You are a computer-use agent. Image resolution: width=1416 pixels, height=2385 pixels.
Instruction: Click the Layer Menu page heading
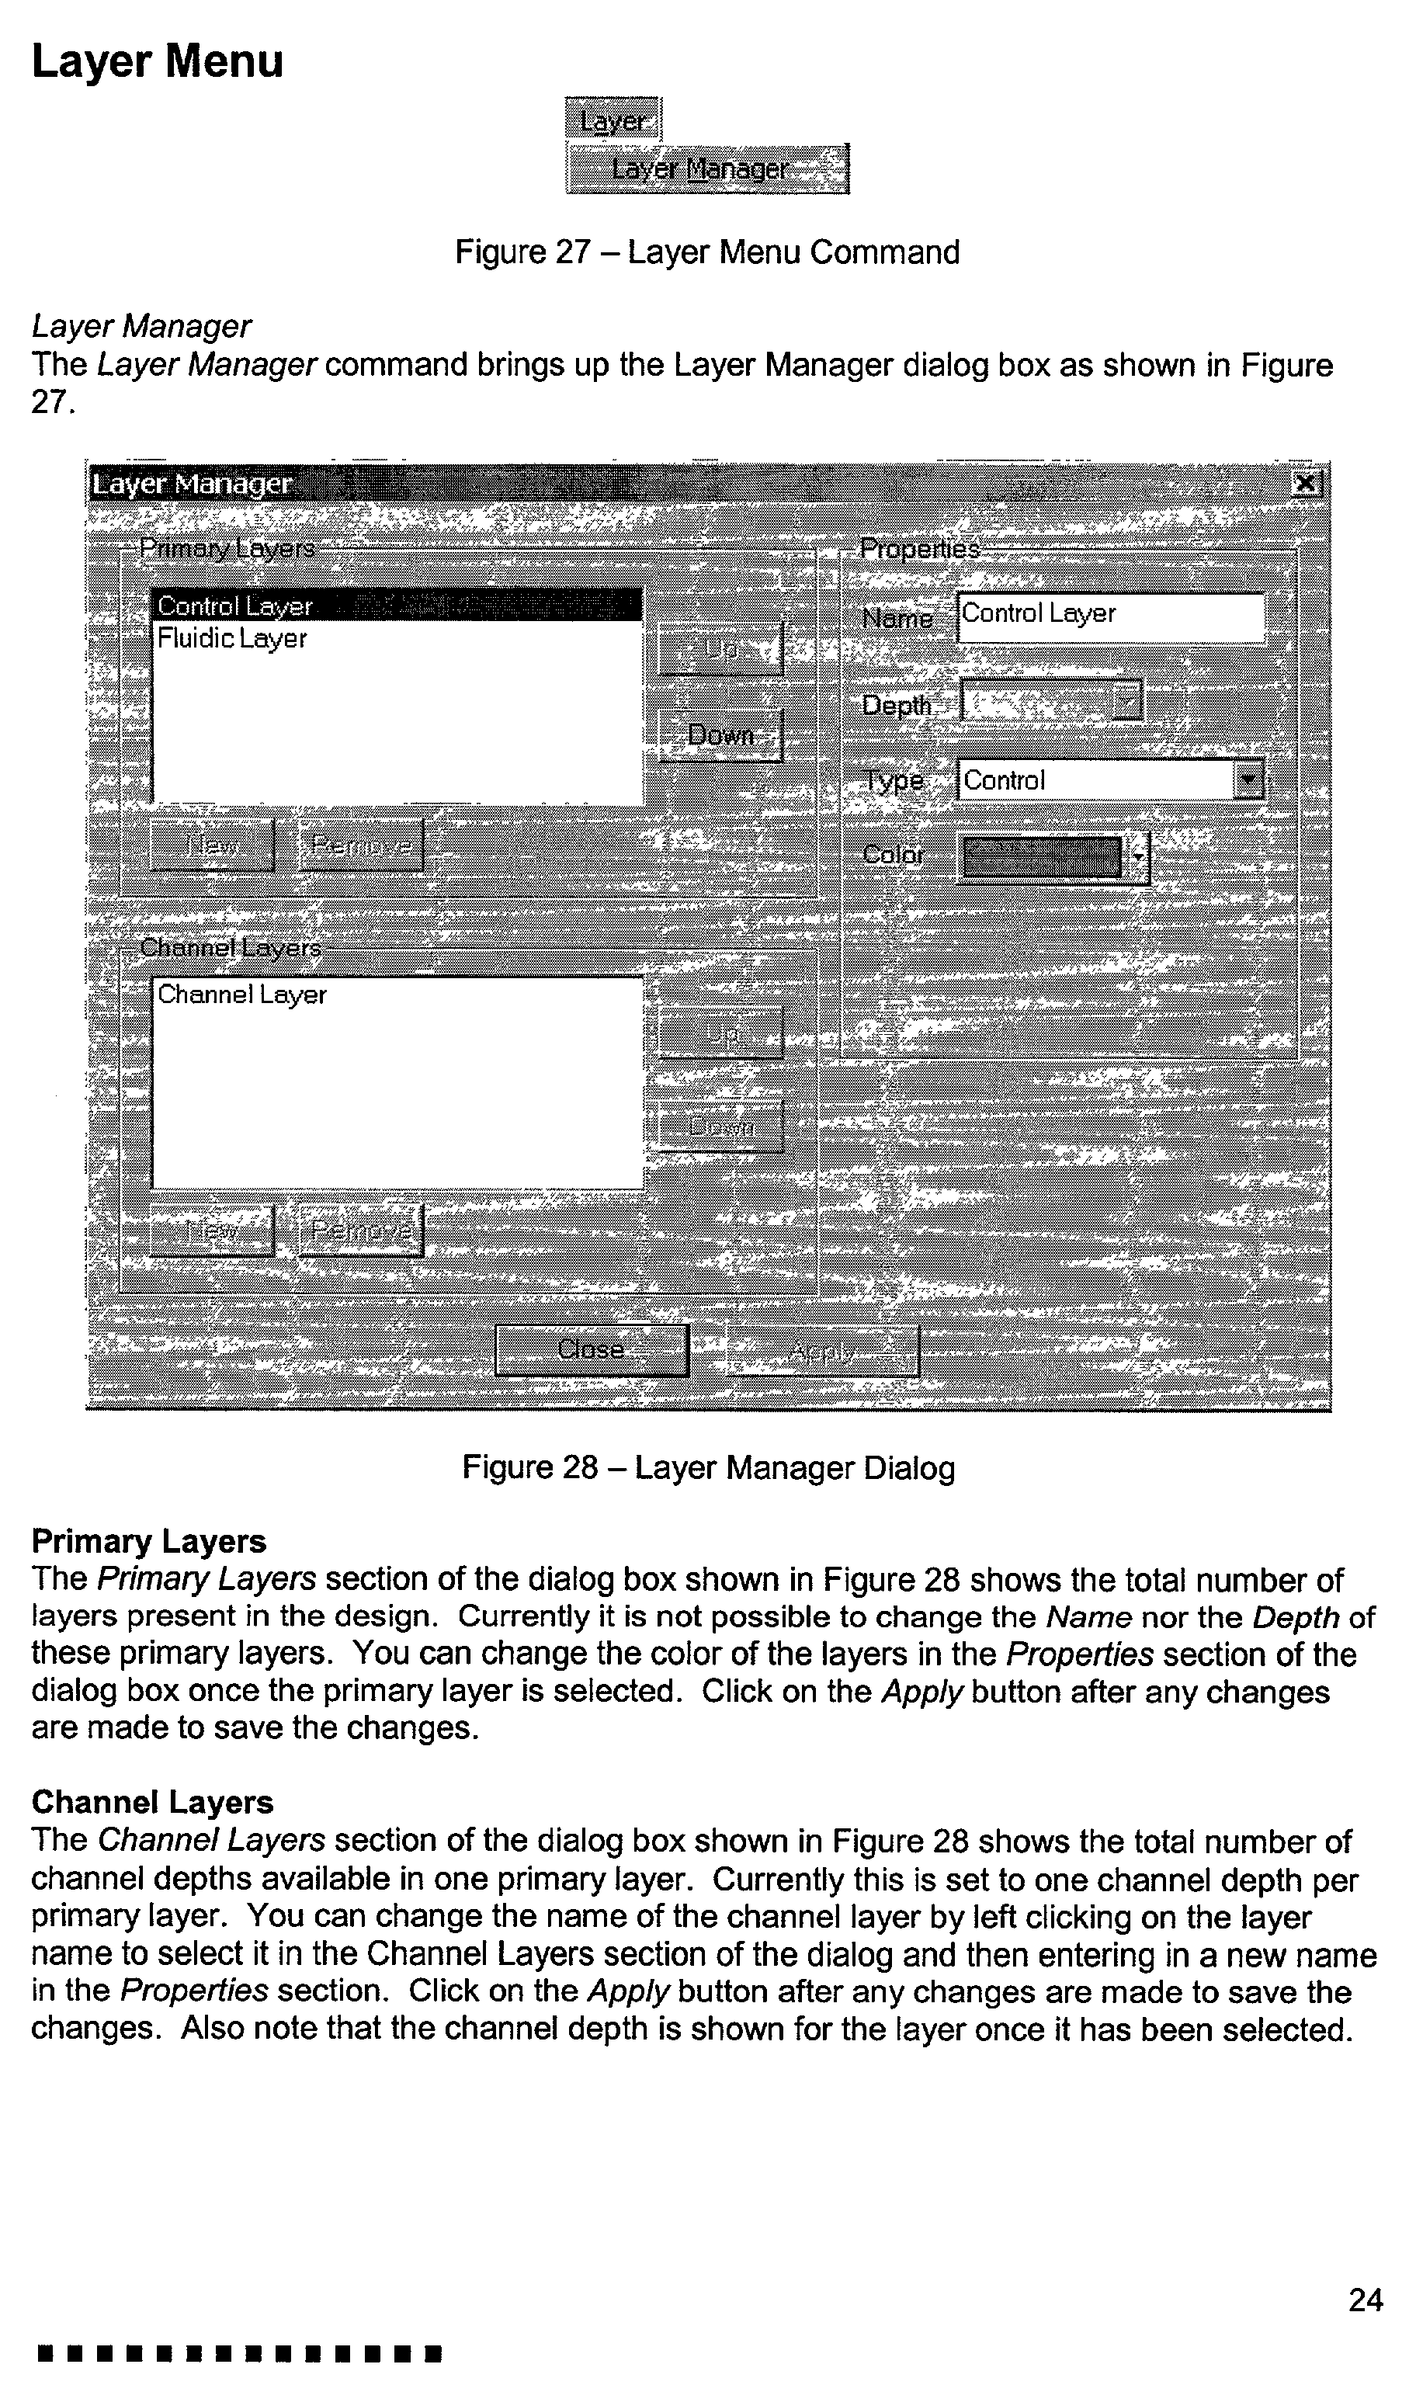[x=158, y=62]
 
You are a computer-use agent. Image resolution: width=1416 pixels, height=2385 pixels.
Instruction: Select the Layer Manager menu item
[x=706, y=170]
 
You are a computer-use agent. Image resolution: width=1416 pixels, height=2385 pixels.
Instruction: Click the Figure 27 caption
[x=707, y=253]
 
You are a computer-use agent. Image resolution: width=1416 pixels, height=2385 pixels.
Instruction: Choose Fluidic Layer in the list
[x=232, y=638]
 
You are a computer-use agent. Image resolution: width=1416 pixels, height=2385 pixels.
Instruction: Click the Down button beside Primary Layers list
[x=720, y=735]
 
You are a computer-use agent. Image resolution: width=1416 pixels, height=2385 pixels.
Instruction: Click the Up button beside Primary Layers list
[x=720, y=650]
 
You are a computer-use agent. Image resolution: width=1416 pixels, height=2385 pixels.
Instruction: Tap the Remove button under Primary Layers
[x=361, y=845]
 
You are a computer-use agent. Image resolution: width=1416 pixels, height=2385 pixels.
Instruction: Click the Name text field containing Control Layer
[x=1109, y=616]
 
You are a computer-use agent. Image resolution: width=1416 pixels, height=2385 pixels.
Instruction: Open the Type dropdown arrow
[x=1248, y=781]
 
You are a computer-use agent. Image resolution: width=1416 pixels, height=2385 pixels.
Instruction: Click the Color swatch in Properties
[x=1043, y=856]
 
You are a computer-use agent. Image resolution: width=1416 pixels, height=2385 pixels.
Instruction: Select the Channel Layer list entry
[x=241, y=995]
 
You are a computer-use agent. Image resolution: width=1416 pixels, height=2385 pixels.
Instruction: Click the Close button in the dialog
[x=592, y=1350]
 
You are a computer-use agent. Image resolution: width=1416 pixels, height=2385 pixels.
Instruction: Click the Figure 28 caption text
[x=708, y=1467]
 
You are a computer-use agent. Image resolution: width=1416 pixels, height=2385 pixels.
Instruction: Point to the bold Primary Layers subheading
[x=149, y=1542]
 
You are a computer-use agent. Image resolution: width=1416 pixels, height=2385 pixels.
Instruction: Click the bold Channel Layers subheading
[x=153, y=1802]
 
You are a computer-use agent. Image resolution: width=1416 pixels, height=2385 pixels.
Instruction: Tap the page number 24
[x=1365, y=2301]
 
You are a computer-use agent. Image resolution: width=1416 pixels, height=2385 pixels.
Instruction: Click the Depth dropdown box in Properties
[x=1050, y=704]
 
